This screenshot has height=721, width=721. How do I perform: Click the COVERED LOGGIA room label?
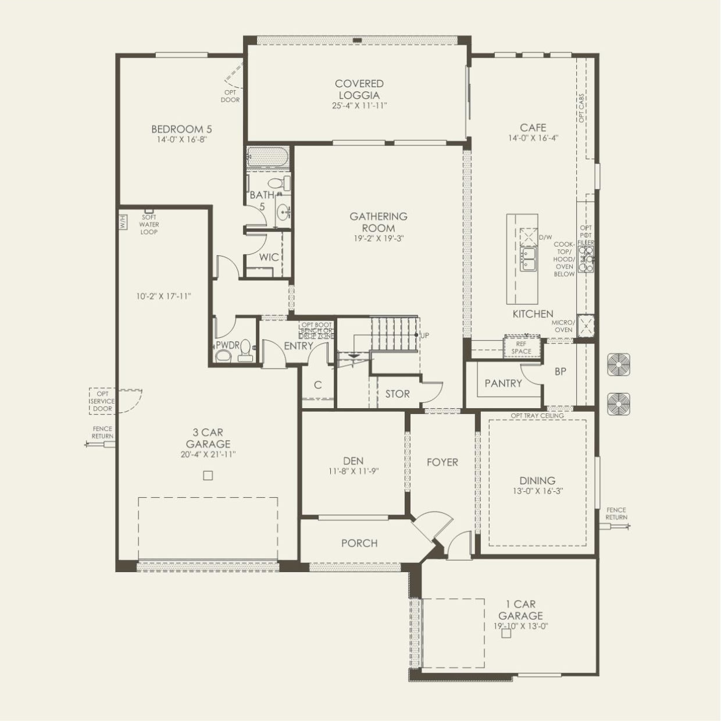pyautogui.click(x=359, y=90)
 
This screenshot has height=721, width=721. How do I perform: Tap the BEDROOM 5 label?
pyautogui.click(x=177, y=129)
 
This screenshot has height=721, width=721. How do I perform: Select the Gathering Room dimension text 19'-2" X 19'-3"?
pyautogui.click(x=378, y=238)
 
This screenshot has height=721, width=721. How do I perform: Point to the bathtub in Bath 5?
pyautogui.click(x=267, y=156)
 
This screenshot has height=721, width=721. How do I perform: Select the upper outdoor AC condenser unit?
pyautogui.click(x=619, y=365)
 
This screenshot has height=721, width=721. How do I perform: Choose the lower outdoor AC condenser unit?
pyautogui.click(x=619, y=404)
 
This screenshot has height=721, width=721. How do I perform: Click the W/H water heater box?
pyautogui.click(x=123, y=222)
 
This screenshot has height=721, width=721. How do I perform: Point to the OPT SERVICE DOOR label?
pyautogui.click(x=102, y=401)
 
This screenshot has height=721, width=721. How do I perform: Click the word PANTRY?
pyautogui.click(x=503, y=383)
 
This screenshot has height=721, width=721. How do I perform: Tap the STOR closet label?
pyautogui.click(x=397, y=394)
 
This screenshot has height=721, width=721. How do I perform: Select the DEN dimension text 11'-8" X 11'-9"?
pyautogui.click(x=353, y=472)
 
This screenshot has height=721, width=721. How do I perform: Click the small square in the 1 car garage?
pyautogui.click(x=506, y=634)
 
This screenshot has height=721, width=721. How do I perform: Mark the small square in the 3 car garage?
pyautogui.click(x=208, y=476)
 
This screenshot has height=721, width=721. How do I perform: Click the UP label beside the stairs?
pyautogui.click(x=424, y=335)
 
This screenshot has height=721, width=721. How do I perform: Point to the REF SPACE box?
pyautogui.click(x=522, y=348)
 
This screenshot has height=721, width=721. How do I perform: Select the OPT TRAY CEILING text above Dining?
pyautogui.click(x=537, y=416)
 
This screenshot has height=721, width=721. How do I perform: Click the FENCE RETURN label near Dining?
pyautogui.click(x=616, y=513)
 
